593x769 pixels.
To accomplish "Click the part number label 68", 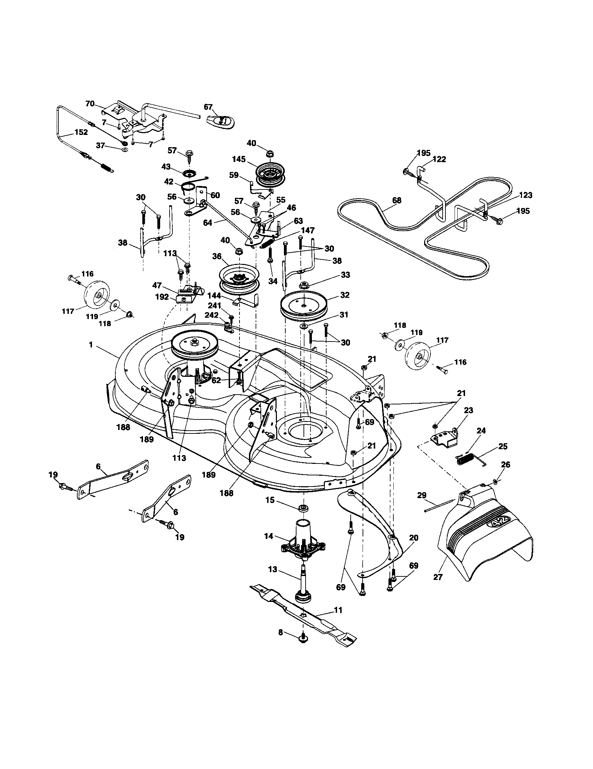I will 396,200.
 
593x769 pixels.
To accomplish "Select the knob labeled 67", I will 220,121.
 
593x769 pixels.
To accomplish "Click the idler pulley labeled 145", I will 270,175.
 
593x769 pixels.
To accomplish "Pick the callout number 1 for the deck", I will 91,345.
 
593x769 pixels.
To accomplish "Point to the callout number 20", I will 414,547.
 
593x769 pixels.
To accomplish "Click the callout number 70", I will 90,103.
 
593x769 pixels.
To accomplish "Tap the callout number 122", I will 439,159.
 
